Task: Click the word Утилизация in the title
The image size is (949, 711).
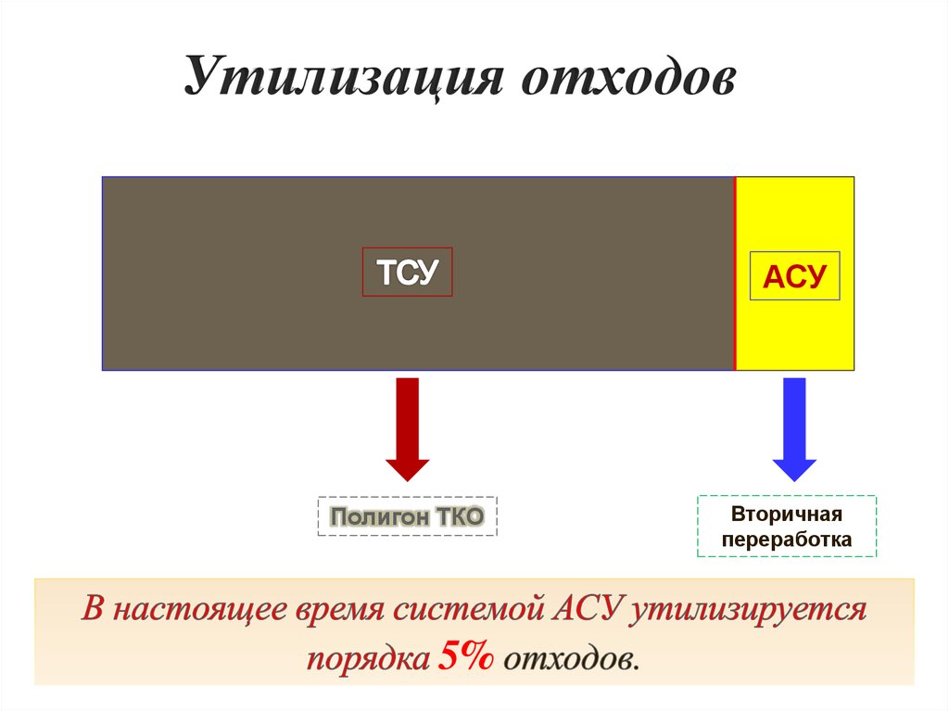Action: (x=343, y=78)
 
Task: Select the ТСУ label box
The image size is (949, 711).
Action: (x=407, y=272)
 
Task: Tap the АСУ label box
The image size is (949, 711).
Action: (x=794, y=275)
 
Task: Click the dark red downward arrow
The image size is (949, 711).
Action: (x=407, y=426)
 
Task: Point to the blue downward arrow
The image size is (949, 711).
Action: (x=794, y=426)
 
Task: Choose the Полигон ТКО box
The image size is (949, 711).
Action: (x=408, y=516)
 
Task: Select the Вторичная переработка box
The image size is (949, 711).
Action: (x=787, y=526)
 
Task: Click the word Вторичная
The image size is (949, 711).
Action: (x=787, y=514)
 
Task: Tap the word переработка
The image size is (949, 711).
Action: (x=787, y=539)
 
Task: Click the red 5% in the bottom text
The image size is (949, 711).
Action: (x=467, y=657)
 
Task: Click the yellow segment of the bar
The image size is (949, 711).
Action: (x=794, y=334)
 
